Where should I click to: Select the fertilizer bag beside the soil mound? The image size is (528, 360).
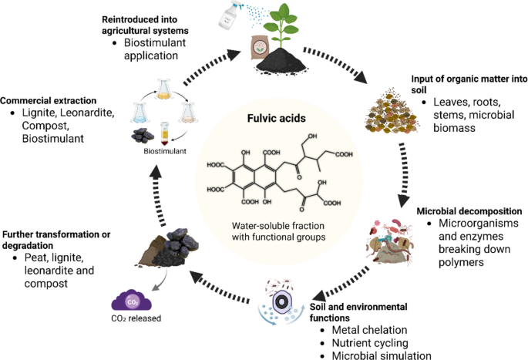[259, 47]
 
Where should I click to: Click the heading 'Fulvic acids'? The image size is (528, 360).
[277, 118]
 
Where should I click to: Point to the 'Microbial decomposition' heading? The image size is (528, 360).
[469, 211]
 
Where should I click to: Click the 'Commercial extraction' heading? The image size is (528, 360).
[48, 101]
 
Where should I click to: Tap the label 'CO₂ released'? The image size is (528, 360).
[136, 318]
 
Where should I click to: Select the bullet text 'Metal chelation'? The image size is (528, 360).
[369, 330]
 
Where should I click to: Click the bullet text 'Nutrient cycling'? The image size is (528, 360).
[370, 343]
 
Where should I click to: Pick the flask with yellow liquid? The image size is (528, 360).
[164, 89]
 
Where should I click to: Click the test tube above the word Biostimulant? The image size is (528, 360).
[164, 133]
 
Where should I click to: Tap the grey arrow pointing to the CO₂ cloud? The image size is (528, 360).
[160, 281]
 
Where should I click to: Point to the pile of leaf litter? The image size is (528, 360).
[391, 110]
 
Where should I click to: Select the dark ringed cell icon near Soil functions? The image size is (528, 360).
[281, 301]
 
